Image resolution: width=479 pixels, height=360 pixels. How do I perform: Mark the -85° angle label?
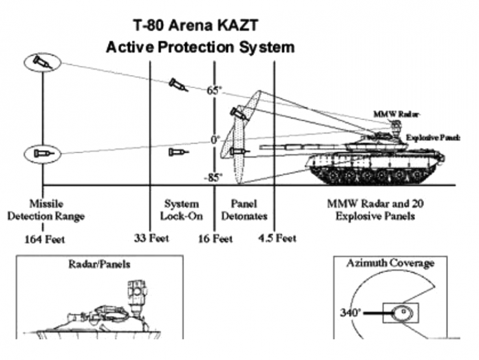[213, 177]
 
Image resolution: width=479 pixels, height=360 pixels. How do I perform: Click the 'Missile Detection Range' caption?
[46, 210]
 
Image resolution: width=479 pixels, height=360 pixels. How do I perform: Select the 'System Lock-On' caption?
[182, 210]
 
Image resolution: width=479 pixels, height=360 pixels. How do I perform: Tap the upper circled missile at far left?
[42, 63]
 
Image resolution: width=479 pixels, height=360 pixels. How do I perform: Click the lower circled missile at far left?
[42, 153]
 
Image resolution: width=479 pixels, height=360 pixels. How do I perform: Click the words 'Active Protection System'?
[200, 47]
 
